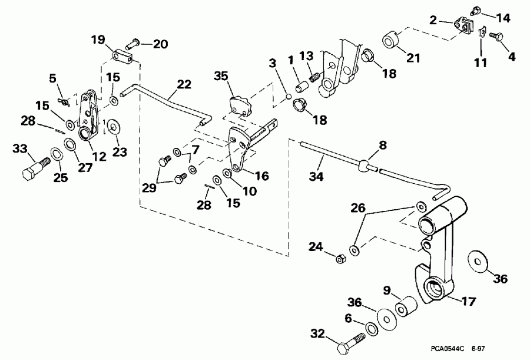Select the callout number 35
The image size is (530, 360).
[x=220, y=76]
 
